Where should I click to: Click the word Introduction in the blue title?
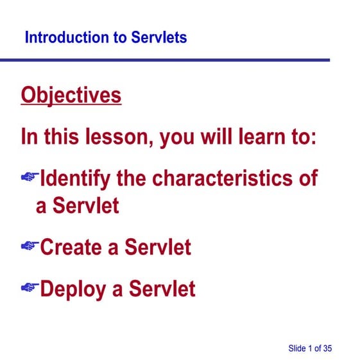click(x=67, y=37)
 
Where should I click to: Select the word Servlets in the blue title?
click(x=159, y=37)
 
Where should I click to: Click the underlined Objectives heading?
click(x=71, y=96)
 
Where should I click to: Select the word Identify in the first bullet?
click(x=75, y=178)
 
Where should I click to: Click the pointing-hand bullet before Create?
click(x=30, y=246)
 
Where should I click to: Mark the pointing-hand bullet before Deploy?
click(x=30, y=288)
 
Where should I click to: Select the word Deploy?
click(x=73, y=289)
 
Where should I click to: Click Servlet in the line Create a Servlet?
click(x=158, y=247)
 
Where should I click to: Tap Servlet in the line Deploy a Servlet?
click(x=162, y=289)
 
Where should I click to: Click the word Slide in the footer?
click(x=297, y=348)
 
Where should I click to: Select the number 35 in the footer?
click(x=327, y=348)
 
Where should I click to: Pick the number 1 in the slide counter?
click(x=311, y=348)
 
